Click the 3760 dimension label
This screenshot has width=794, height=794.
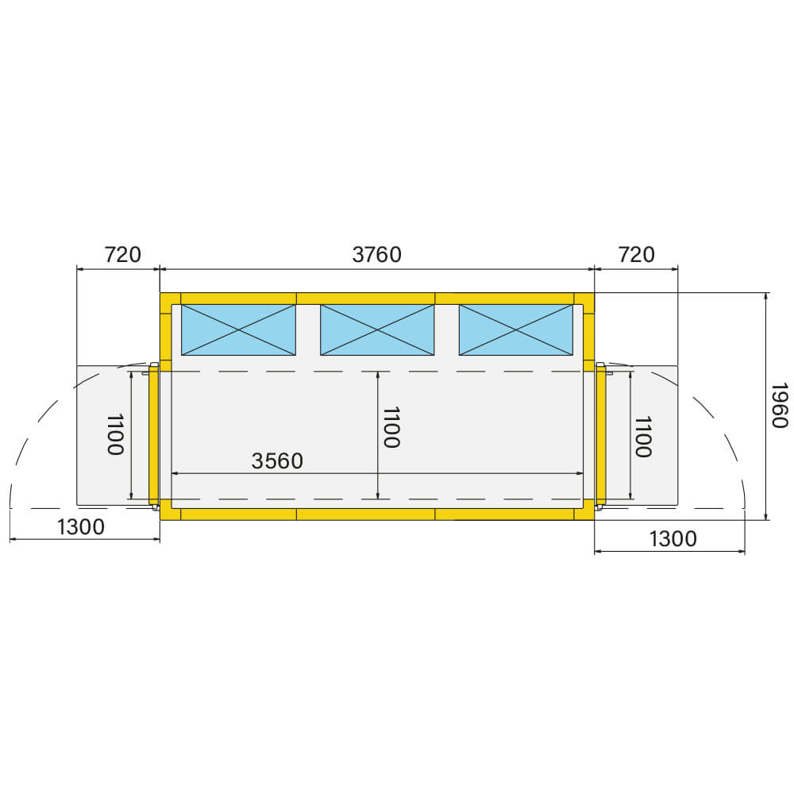[376, 255]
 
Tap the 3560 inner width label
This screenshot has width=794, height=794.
[277, 461]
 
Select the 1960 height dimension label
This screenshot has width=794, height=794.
[779, 406]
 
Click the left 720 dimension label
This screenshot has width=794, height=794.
[122, 255]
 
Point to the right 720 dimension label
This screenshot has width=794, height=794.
[637, 255]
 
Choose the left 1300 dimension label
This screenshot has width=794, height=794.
[81, 527]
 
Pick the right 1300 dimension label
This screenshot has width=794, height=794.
[673, 539]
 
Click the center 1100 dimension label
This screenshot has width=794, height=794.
[391, 427]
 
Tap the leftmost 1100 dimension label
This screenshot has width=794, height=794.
[115, 434]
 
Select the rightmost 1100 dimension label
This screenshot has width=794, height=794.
[643, 437]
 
